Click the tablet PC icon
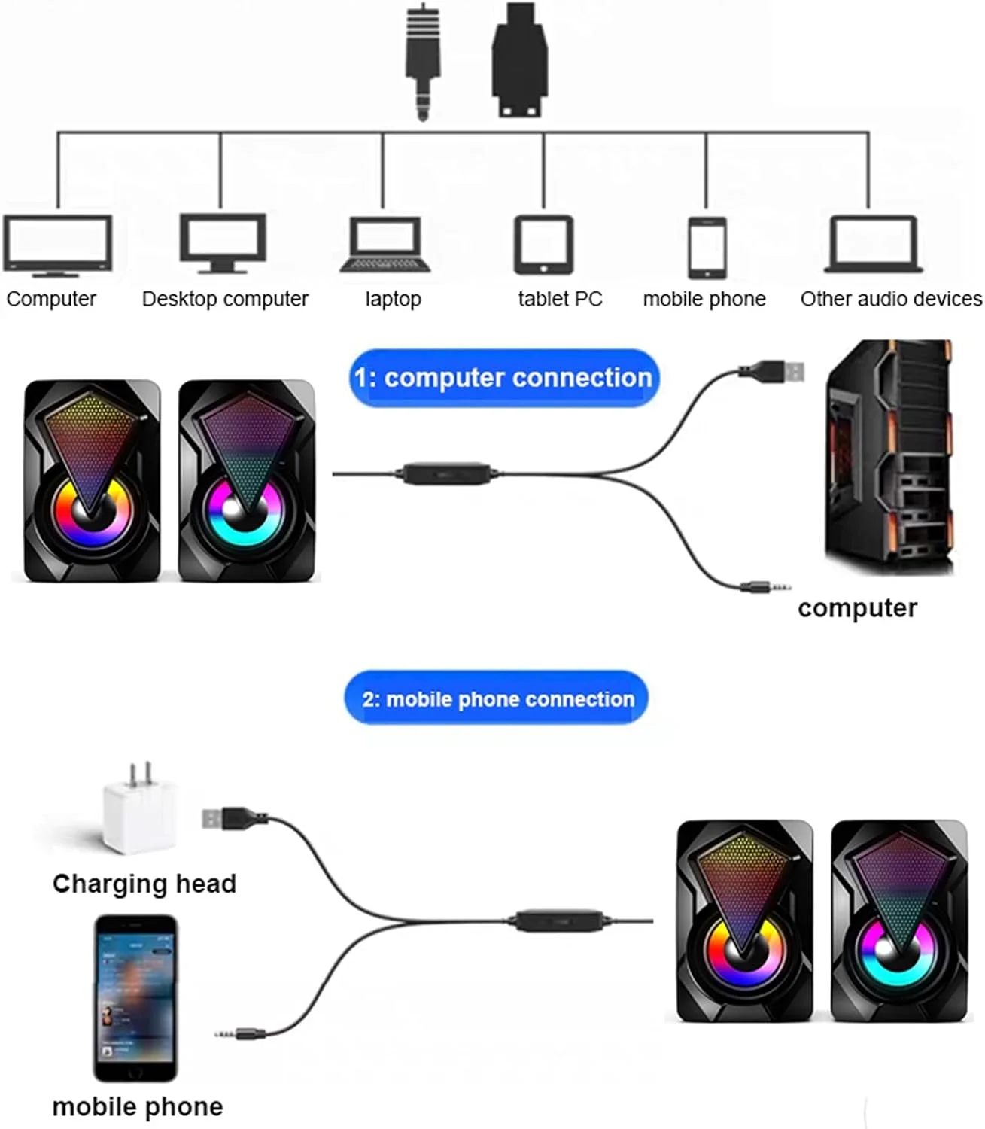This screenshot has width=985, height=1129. pyautogui.click(x=543, y=245)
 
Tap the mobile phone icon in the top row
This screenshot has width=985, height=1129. pyautogui.click(x=707, y=247)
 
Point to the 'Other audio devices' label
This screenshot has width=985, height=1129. pyautogui.click(x=890, y=299)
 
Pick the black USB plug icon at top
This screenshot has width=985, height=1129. pyautogui.click(x=520, y=60)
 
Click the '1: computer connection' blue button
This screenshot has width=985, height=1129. pyautogui.click(x=503, y=378)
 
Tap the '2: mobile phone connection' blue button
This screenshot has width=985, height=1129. pyautogui.click(x=497, y=699)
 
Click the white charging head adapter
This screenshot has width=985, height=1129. pyautogui.click(x=141, y=811)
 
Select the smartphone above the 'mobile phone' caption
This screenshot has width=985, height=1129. pyautogui.click(x=135, y=997)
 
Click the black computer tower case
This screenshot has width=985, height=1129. pyautogui.click(x=889, y=457)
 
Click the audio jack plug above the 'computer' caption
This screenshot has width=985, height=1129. pyautogui.click(x=764, y=586)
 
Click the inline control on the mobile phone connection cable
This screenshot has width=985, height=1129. pyautogui.click(x=560, y=920)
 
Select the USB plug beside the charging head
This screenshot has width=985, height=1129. pyautogui.click(x=233, y=817)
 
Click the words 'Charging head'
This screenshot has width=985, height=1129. pyautogui.click(x=144, y=884)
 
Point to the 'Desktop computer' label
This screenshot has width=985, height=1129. pyautogui.click(x=225, y=299)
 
